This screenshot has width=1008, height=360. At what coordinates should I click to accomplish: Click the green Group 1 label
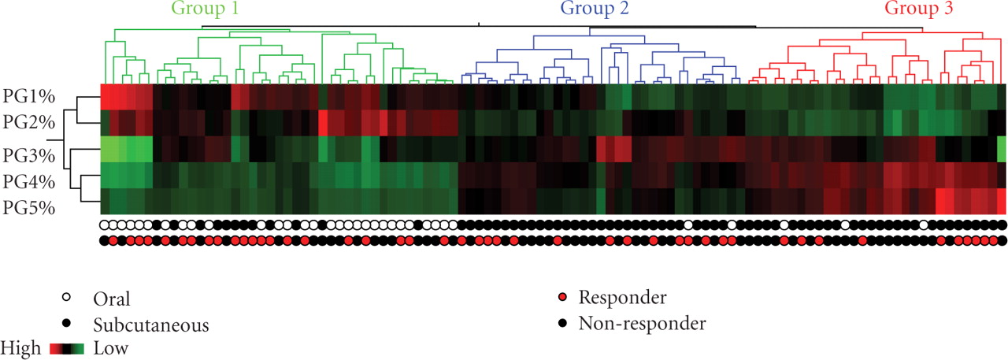(202, 10)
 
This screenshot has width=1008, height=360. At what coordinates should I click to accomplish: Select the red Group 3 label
(918, 10)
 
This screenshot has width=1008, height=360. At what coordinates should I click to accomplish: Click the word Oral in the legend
(111, 299)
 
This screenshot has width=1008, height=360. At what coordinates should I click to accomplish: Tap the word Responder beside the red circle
(622, 298)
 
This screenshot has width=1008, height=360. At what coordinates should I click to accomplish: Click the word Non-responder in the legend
(642, 322)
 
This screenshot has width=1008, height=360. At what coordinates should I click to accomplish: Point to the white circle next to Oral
(68, 298)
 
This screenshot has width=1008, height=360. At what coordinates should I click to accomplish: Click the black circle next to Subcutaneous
(68, 323)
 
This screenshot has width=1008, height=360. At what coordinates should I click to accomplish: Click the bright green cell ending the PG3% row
(1002, 149)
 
